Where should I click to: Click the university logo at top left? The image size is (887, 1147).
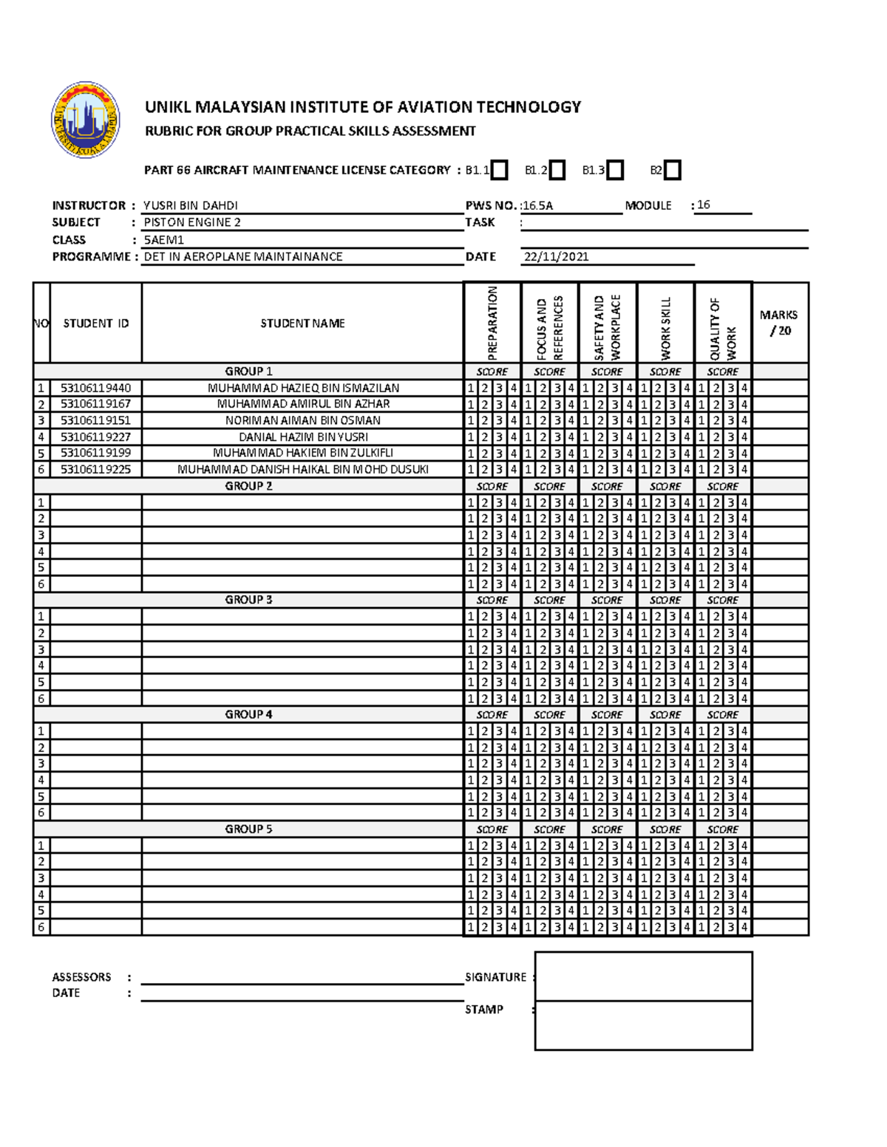tap(86, 120)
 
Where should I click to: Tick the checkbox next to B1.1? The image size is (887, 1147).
tap(500, 171)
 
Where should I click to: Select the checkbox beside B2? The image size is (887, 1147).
tap(672, 171)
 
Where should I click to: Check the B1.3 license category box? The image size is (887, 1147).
tap(615, 171)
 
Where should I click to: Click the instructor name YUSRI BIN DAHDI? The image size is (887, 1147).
tap(191, 205)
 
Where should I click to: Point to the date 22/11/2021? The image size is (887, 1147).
tap(556, 257)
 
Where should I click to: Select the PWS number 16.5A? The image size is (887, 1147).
tap(537, 206)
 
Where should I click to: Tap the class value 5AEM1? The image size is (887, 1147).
tap(164, 240)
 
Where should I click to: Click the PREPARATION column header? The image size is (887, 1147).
tap(492, 323)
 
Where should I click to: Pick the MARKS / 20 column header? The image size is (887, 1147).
tap(779, 323)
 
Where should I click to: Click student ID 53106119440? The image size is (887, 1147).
tap(95, 388)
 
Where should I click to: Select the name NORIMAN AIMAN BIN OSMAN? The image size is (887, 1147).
tap(303, 420)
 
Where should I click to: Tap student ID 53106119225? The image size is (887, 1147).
tap(95, 469)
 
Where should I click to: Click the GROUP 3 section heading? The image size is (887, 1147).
tap(248, 600)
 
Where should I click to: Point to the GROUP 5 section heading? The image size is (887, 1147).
tap(248, 829)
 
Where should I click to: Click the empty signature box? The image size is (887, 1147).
tap(643, 976)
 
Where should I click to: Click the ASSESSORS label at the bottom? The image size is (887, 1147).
tap(81, 977)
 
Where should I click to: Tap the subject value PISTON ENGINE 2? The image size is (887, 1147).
tap(192, 222)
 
